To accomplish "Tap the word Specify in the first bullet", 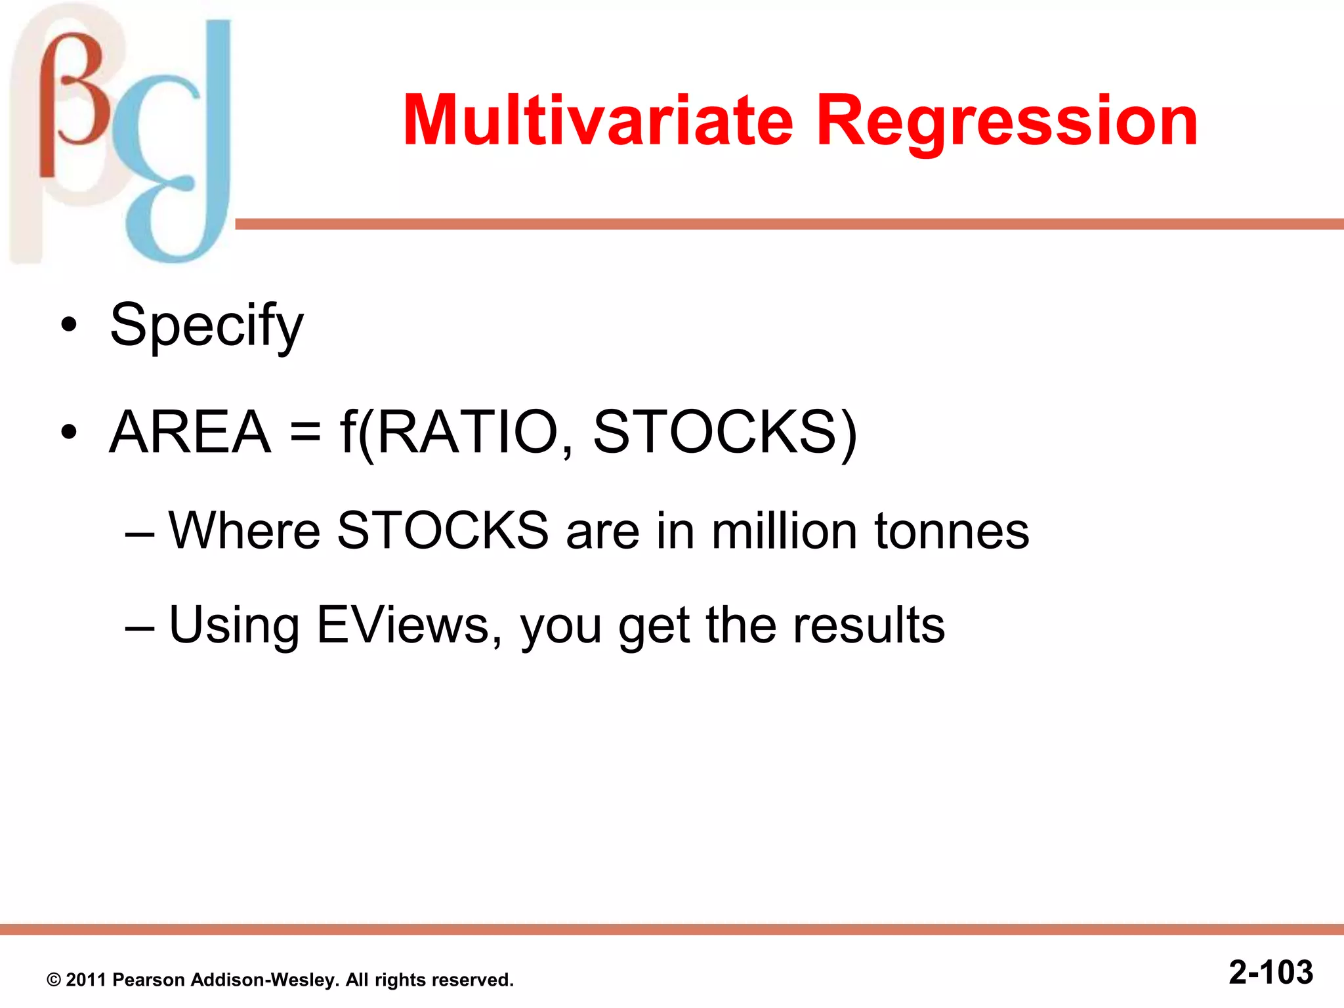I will point(206,325).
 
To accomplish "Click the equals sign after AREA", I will point(306,433).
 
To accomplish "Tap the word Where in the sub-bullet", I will point(244,530).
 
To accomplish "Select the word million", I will point(784,530).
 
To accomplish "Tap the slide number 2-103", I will point(1270,972).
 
